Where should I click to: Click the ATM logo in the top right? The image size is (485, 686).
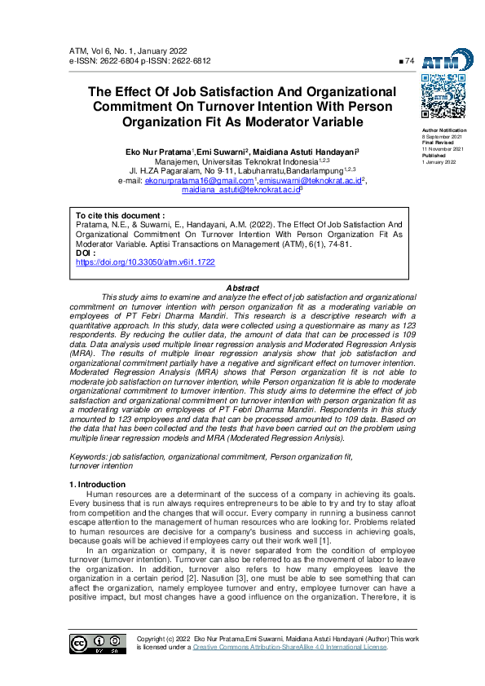[x=448, y=59]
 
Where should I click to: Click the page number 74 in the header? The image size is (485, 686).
[x=409, y=61]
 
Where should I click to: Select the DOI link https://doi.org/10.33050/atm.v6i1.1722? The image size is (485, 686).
[x=146, y=263]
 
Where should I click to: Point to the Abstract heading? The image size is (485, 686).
[x=242, y=288]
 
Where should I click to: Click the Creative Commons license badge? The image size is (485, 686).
[x=99, y=643]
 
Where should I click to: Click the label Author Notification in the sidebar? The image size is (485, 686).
[x=444, y=130]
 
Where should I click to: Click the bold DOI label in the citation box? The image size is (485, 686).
[x=86, y=254]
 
